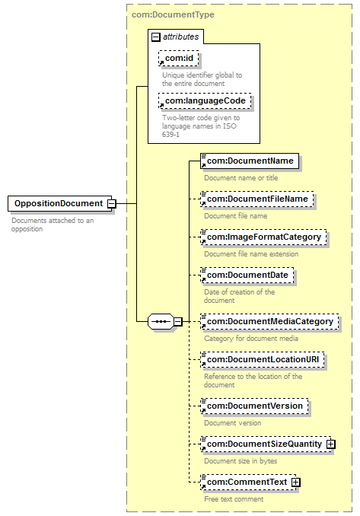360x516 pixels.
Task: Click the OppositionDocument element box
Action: coord(59,203)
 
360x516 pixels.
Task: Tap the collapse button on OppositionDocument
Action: coord(112,204)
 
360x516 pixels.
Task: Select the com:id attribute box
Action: coord(179,59)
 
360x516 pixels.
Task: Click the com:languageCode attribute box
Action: coord(205,101)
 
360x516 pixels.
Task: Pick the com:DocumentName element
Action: coord(250,161)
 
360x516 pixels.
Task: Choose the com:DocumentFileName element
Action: coord(257,199)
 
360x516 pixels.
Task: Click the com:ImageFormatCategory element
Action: coord(263,237)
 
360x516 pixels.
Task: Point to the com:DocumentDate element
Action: coord(247,276)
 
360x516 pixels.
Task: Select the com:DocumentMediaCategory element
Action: coord(270,322)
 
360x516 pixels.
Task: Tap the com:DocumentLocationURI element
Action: coord(263,360)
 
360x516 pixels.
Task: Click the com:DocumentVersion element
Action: coord(254,406)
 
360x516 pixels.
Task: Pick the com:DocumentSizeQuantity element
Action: coord(266,444)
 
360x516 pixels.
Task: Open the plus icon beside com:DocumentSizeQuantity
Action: coord(331,444)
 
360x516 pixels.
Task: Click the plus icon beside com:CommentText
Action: coord(296,483)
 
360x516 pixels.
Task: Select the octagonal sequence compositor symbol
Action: coord(161,321)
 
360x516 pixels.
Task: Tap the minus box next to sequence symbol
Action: coord(177,321)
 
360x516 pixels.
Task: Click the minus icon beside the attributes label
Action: coord(156,37)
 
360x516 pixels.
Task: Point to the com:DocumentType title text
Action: coord(173,14)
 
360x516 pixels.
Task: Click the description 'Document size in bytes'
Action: coord(241,461)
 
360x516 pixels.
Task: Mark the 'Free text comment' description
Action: coord(234,499)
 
